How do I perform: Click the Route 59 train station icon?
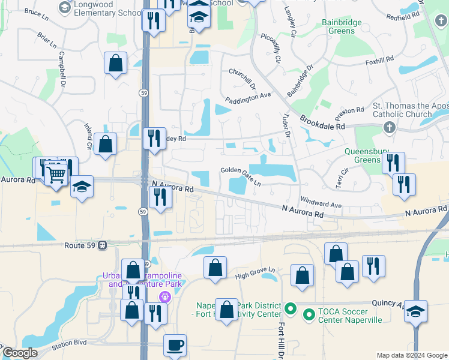coord(103,245)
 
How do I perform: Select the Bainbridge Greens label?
coord(342,27)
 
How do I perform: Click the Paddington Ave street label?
coord(248,98)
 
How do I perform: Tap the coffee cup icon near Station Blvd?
coord(175,345)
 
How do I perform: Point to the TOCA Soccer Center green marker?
coord(309,314)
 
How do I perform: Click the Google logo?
coord(20,353)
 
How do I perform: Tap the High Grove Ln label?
coord(258,273)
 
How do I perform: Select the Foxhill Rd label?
coord(379,61)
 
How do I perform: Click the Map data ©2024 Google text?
coord(411,355)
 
